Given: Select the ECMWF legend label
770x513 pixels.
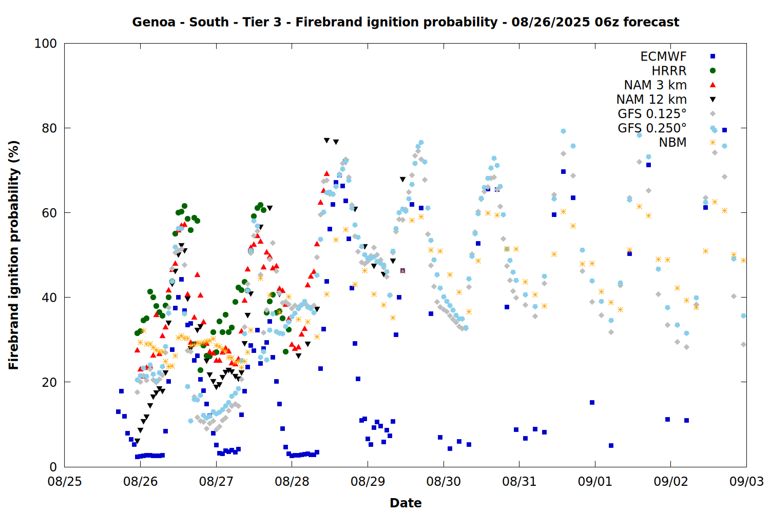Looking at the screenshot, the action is tap(663, 56).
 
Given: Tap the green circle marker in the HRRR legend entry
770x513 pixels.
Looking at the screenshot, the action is tap(713, 71).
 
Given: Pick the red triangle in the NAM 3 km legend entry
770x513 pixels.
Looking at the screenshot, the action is tap(713, 85).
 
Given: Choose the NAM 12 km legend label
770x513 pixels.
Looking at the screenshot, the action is tap(651, 100).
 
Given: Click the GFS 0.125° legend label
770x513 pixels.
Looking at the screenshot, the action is tap(652, 113).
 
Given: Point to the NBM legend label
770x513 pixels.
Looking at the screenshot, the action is tap(672, 142).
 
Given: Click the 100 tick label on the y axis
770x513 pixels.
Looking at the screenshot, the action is tap(46, 44).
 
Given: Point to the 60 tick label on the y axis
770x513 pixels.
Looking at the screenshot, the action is tap(49, 213).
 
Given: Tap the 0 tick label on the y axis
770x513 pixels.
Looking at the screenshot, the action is tap(53, 467).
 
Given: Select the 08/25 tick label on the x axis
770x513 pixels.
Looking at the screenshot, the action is tap(65, 481).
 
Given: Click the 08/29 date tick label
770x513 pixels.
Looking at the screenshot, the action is tap(368, 481).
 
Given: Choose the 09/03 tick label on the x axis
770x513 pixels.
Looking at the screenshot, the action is tap(746, 481).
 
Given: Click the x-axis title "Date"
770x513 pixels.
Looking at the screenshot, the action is tap(406, 503).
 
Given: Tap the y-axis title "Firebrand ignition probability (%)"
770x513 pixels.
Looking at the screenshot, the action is tap(14, 255).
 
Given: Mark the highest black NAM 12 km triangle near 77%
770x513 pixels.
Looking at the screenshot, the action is tap(326, 141).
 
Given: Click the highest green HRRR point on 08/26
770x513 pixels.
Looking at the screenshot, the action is tap(184, 206).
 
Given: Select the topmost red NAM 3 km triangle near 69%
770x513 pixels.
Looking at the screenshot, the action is tap(326, 173).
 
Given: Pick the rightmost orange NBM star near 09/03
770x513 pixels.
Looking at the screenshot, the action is tap(743, 261).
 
